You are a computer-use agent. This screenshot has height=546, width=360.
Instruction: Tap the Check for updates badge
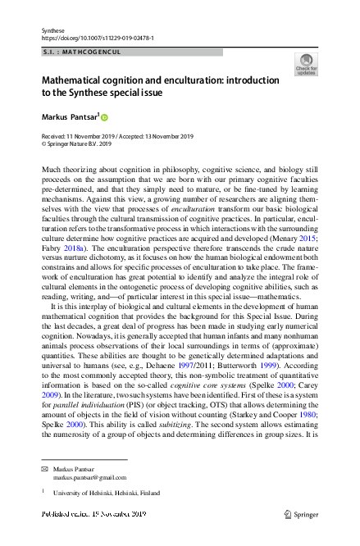[306, 65]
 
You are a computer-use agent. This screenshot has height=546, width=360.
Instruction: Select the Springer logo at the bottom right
[303, 514]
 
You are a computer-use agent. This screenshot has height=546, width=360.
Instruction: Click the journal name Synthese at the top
[52, 30]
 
